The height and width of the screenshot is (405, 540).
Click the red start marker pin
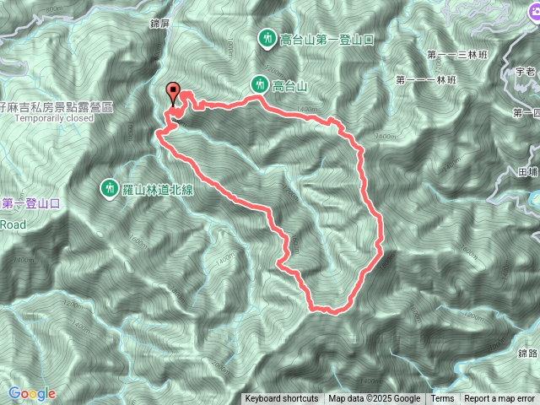coord(174,92)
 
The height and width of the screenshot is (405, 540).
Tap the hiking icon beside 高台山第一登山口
coord(267,38)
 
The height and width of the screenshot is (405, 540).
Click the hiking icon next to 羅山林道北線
coord(110,187)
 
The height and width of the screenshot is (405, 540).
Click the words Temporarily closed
coord(58,119)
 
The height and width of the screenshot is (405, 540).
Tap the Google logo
coord(31,393)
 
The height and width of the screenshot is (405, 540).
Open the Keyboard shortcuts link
coord(282,399)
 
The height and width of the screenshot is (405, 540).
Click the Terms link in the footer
coord(442,399)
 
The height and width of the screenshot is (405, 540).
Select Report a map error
coord(500,399)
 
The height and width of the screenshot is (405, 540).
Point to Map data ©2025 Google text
coord(375,399)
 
